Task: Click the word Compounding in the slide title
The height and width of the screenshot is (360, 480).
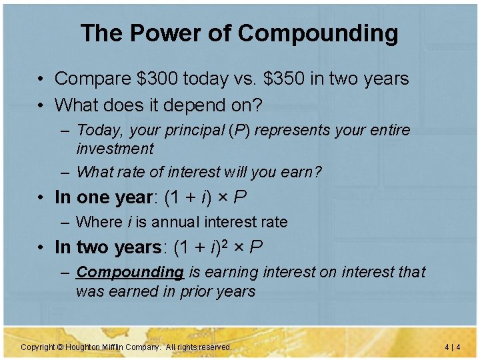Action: [318, 33]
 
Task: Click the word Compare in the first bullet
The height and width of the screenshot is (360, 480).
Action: [92, 79]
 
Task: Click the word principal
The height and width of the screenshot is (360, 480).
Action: [192, 130]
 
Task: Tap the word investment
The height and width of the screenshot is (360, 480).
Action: [115, 148]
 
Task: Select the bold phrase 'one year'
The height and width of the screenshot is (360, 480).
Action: [115, 197]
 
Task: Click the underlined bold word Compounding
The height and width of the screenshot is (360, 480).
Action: [130, 272]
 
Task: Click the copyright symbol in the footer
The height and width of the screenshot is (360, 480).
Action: [59, 347]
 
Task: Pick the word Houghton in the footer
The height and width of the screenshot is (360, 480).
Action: [83, 347]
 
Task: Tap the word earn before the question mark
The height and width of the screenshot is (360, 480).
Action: [299, 172]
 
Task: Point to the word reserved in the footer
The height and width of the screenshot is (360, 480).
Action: [215, 347]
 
